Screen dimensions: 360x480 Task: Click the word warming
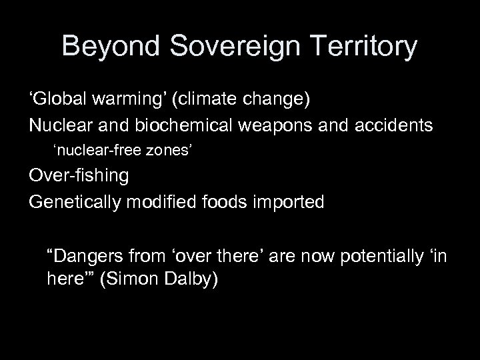(x=129, y=101)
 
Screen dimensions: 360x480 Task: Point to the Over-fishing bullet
(x=79, y=176)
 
